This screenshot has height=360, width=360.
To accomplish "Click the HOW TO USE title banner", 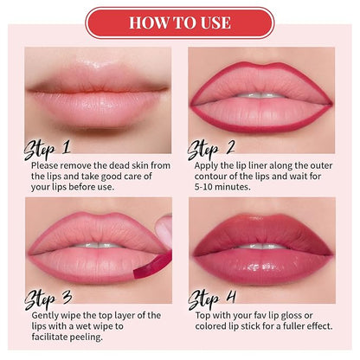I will (x=180, y=22).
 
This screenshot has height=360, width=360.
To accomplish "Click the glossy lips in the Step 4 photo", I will (x=262, y=245).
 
